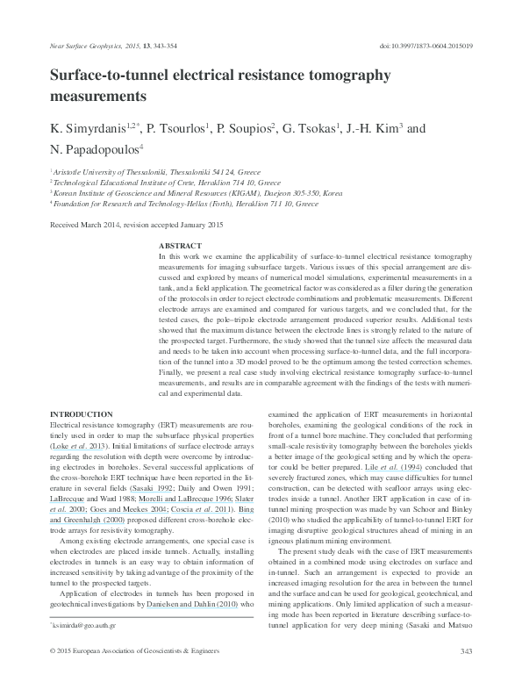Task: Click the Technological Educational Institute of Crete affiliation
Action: pos(158,184)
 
